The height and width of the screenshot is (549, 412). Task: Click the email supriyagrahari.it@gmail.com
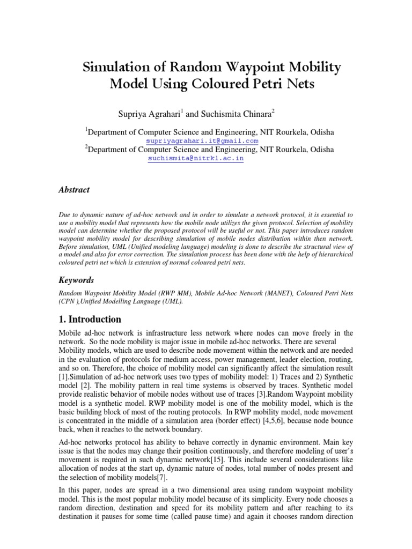click(x=198, y=140)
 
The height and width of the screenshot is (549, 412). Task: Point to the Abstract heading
click(x=73, y=190)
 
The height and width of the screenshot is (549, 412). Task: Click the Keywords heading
click(x=76, y=280)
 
